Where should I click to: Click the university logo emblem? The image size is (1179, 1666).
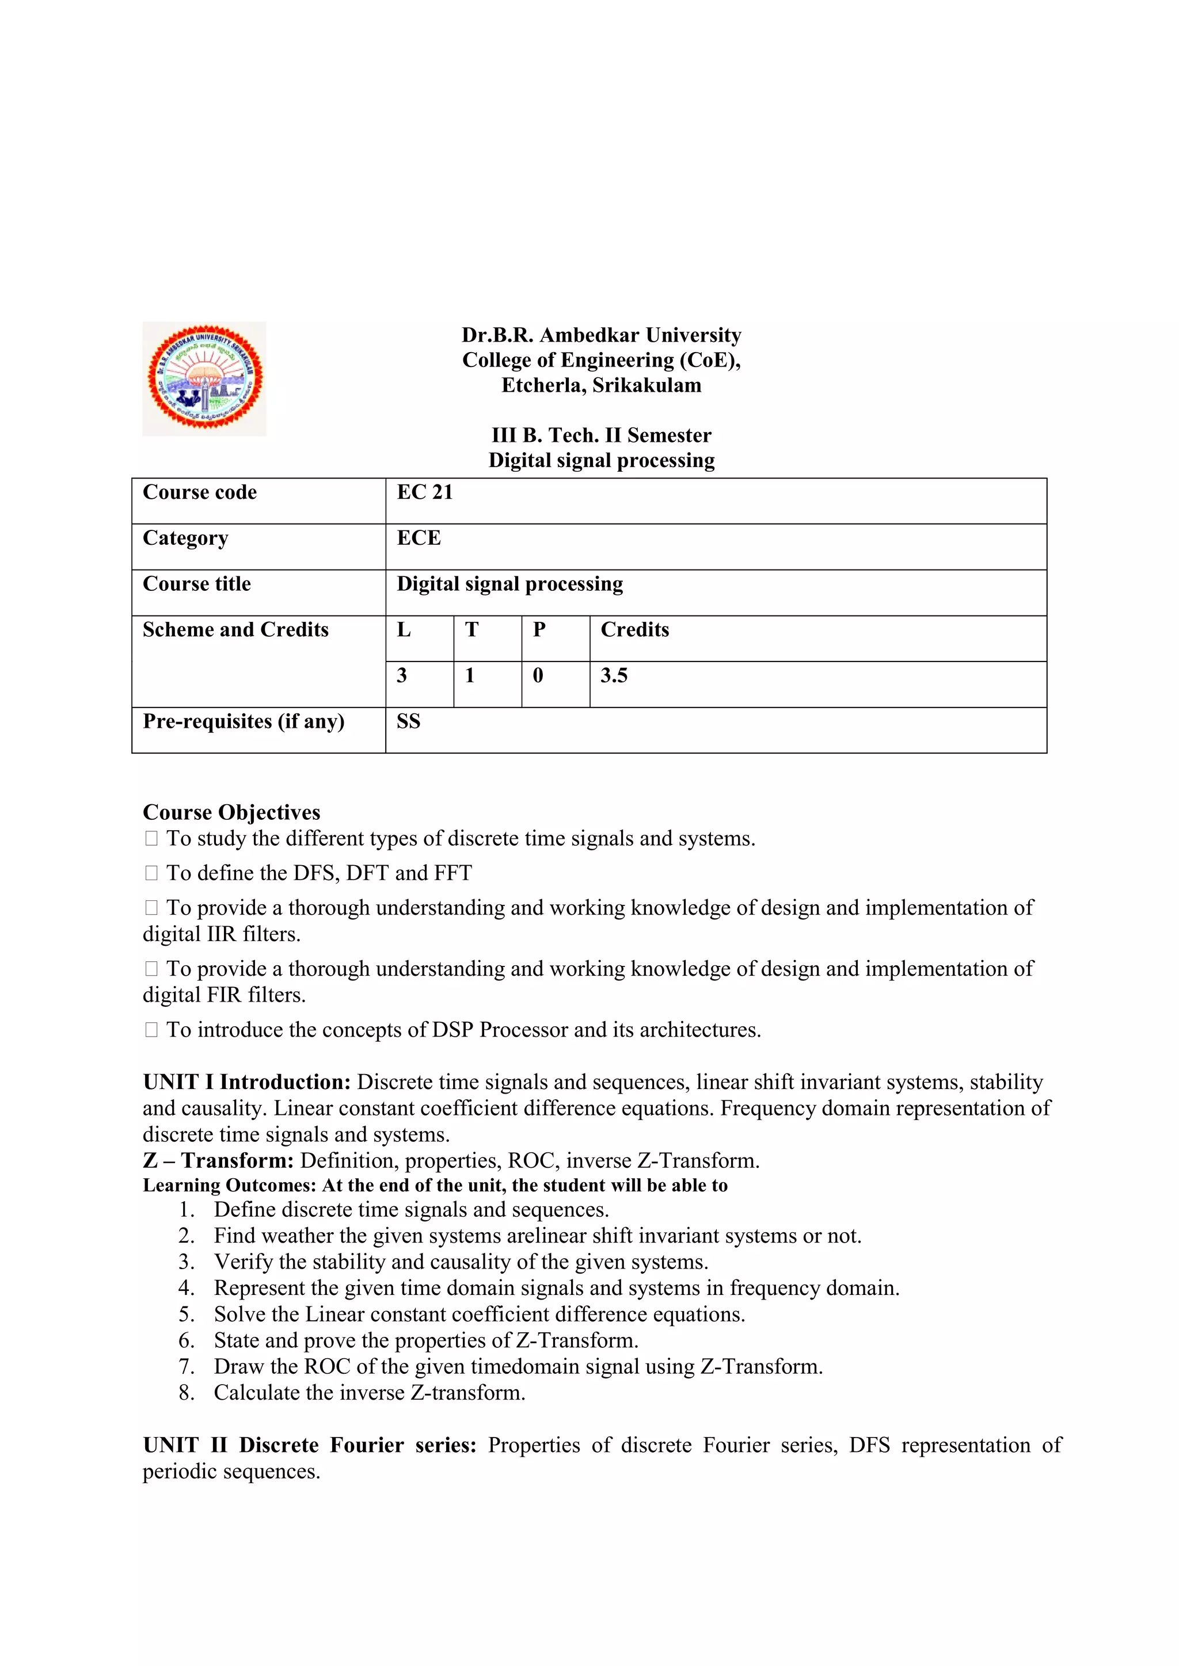click(x=204, y=378)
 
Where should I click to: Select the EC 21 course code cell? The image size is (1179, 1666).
click(x=425, y=492)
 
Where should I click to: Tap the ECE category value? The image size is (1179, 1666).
click(x=419, y=538)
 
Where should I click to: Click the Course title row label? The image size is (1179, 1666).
click(x=197, y=584)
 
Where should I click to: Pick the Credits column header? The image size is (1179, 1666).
click(x=634, y=630)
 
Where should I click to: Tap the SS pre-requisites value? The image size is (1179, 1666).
click(x=408, y=721)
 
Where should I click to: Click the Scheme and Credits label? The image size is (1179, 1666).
click(x=235, y=630)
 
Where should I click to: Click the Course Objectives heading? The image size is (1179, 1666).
click(x=231, y=812)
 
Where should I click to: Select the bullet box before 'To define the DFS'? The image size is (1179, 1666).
click(x=151, y=874)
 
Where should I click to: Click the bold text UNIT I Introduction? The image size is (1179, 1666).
click(x=247, y=1082)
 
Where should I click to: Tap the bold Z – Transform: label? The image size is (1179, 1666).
click(x=218, y=1160)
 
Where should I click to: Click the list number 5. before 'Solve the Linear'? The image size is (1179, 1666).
click(x=187, y=1314)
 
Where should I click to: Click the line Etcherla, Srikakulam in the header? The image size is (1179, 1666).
click(x=601, y=385)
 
